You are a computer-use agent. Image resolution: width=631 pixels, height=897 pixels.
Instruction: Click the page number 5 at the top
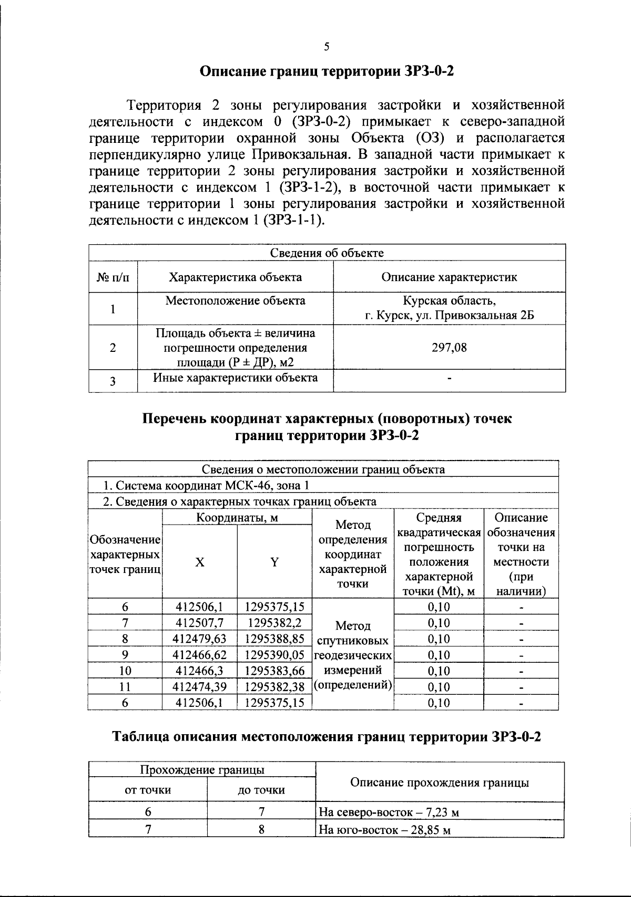[x=327, y=46]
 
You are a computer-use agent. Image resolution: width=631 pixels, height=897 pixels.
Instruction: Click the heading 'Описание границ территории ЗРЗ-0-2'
[x=327, y=71]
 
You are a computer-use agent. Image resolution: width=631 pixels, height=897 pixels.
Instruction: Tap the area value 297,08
[x=449, y=347]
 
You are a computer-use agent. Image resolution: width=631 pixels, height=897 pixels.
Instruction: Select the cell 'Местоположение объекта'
[x=235, y=301]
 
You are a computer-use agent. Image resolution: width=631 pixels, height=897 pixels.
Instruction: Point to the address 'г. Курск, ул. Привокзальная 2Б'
[x=449, y=316]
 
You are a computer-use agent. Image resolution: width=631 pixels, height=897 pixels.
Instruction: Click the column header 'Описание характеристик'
[x=449, y=277]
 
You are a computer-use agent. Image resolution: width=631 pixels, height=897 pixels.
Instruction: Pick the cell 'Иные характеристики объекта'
[x=235, y=378]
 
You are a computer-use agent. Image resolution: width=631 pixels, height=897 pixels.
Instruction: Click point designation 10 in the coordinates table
[x=125, y=671]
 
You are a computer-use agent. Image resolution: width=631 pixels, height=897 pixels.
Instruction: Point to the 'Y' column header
[x=274, y=562]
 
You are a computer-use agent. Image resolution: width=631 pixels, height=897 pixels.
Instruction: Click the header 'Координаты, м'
[x=237, y=518]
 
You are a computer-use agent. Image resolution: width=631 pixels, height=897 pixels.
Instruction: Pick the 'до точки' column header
[x=261, y=789]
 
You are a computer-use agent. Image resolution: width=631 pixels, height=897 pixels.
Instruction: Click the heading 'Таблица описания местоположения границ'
[x=327, y=737]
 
